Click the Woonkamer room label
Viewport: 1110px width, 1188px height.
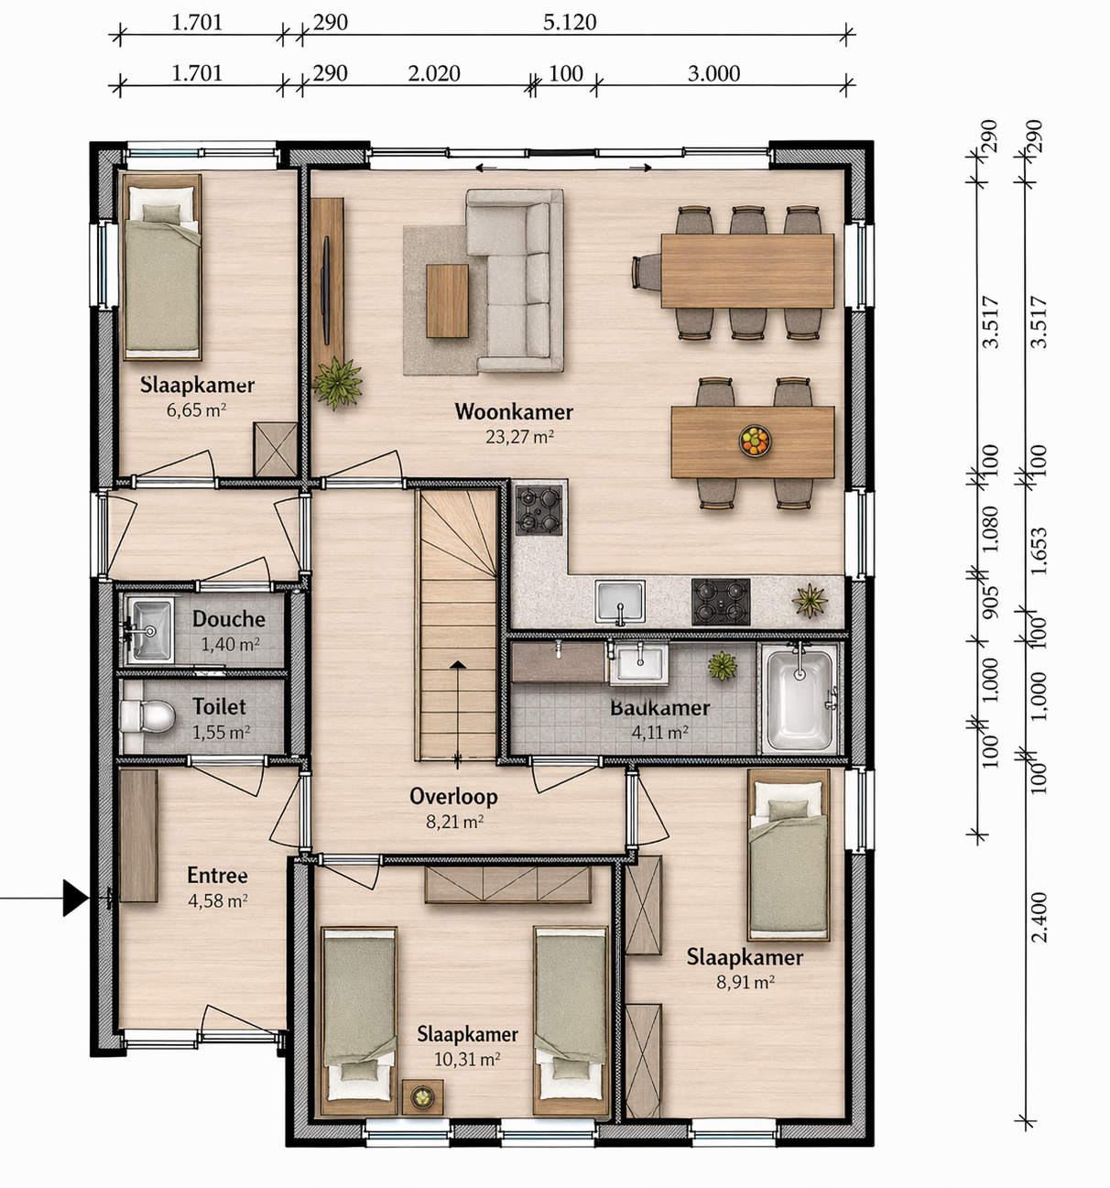click(514, 412)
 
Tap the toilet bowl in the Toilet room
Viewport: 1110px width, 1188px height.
click(147, 716)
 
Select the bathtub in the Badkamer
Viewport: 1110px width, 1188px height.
click(800, 698)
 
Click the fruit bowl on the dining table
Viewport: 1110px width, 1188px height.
click(755, 441)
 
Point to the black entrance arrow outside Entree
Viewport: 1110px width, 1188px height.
click(75, 898)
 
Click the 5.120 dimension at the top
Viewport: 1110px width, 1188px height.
click(570, 23)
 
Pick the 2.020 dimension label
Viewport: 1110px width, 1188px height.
click(434, 73)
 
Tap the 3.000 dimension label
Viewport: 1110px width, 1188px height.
click(713, 73)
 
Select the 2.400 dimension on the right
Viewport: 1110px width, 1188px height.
click(1040, 917)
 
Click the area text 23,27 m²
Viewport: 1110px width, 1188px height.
click(519, 437)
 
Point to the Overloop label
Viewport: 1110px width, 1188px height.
click(453, 797)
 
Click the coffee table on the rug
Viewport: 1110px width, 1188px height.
click(447, 300)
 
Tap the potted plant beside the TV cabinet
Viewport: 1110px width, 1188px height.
click(338, 383)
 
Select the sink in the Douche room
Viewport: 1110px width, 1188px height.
click(150, 631)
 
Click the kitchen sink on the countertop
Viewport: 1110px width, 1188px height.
click(620, 601)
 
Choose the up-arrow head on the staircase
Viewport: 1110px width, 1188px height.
click(458, 664)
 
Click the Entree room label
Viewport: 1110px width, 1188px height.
click(217, 876)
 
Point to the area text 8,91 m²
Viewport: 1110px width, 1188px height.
click(745, 982)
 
